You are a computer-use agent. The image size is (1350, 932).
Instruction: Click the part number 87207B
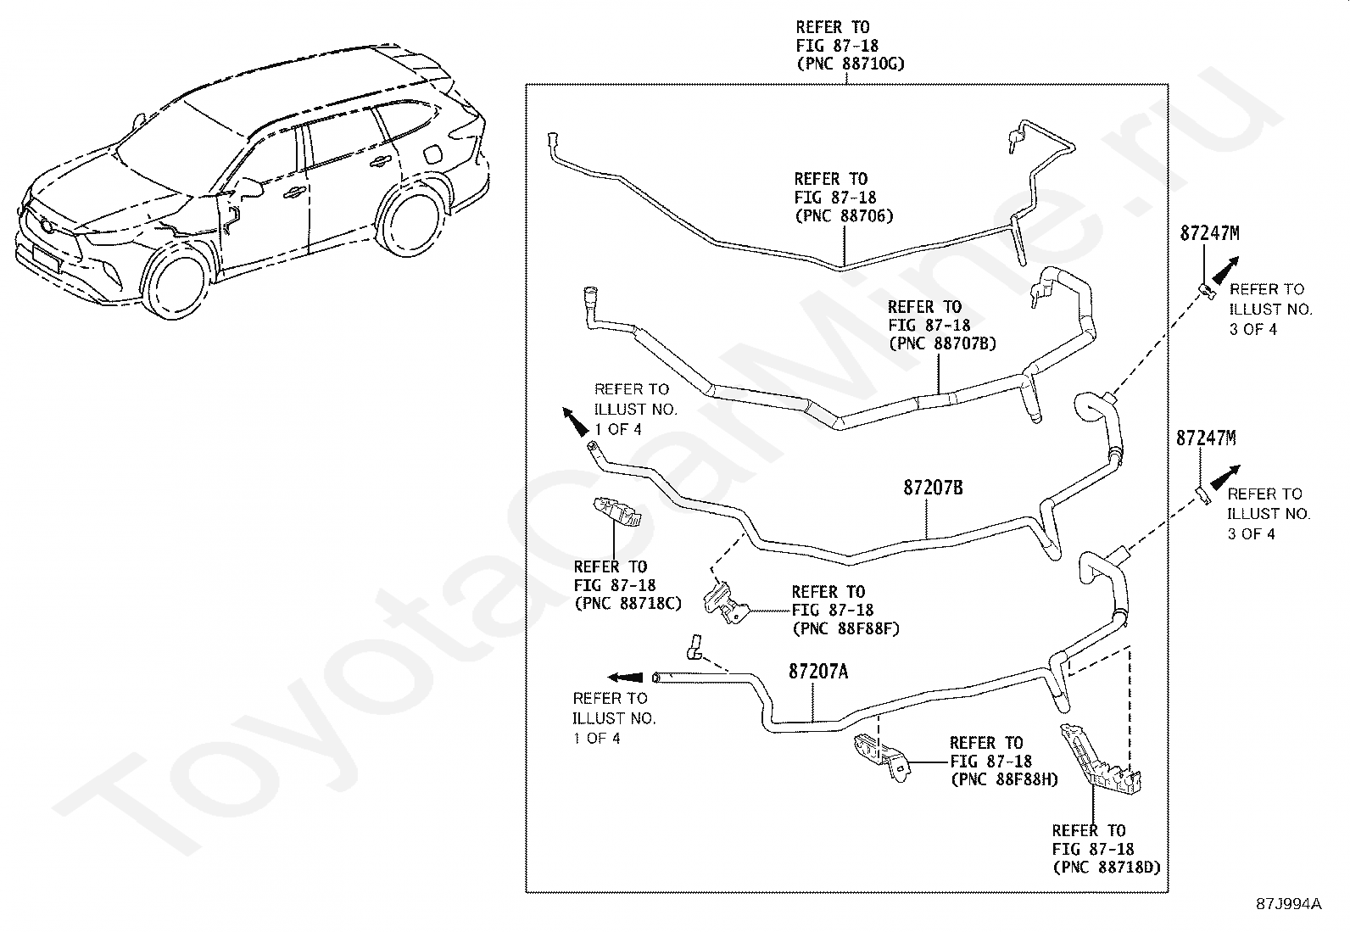(x=932, y=488)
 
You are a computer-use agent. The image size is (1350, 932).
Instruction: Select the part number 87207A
(x=817, y=672)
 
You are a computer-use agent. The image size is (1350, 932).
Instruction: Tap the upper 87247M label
(x=1208, y=234)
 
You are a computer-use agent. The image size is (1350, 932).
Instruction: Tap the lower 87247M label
(x=1205, y=438)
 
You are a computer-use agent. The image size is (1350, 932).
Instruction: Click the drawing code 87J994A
(x=1288, y=903)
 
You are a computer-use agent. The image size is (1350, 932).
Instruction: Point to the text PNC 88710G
(x=851, y=64)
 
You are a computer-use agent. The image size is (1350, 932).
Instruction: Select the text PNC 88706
(x=844, y=215)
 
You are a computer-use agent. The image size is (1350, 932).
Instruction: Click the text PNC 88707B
(x=941, y=343)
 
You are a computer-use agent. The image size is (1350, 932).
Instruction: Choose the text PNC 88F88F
(x=845, y=629)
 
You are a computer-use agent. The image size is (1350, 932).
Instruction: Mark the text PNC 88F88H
(x=1004, y=779)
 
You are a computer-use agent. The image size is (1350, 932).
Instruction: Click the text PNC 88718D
(x=1106, y=868)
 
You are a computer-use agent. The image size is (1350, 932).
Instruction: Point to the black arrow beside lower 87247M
(x=1224, y=476)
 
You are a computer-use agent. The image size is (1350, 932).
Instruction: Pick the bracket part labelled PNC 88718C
(x=616, y=513)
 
